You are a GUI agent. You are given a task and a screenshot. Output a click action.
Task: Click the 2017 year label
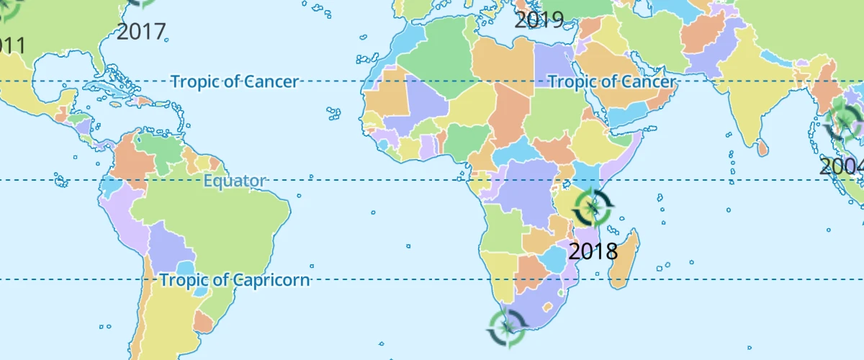(141, 32)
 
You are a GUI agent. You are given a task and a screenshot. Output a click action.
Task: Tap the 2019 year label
(539, 19)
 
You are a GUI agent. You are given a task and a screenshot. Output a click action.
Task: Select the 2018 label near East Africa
(593, 251)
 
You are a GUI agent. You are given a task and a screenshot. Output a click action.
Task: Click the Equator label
(235, 181)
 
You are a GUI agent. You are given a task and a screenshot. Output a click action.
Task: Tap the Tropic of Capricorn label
(235, 280)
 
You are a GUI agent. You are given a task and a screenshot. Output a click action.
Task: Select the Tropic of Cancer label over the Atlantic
(235, 81)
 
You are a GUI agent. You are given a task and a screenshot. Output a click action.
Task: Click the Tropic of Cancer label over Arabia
(612, 81)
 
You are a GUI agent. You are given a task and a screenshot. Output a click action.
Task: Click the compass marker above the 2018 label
(593, 208)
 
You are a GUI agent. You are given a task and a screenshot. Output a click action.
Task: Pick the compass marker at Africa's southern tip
(506, 328)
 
